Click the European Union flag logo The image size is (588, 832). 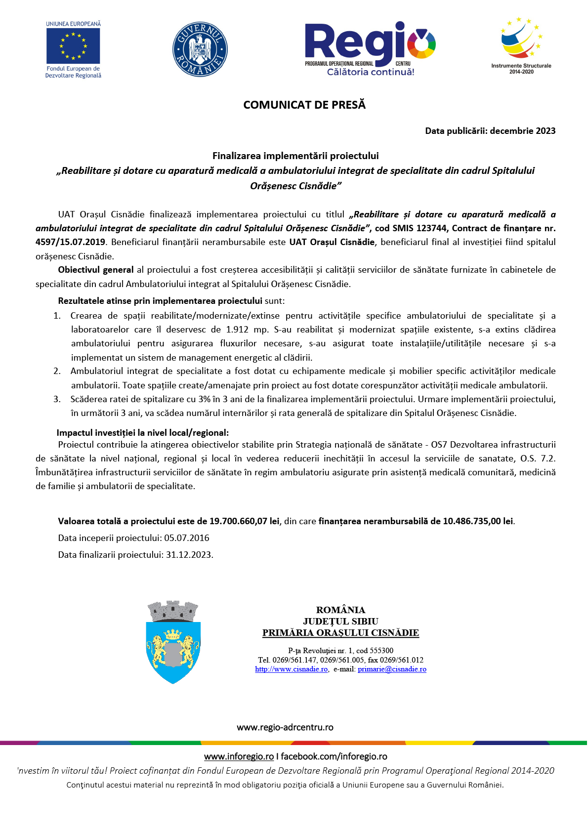coord(73,45)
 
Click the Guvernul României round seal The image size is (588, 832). coord(200,49)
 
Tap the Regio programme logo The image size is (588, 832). coord(370,49)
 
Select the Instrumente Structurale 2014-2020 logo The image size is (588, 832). coord(521,44)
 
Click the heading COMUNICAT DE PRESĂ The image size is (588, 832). coord(304,105)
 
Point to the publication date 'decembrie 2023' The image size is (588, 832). coord(523,131)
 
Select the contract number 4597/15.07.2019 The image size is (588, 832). coord(70,242)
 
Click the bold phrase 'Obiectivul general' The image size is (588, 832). coord(96,270)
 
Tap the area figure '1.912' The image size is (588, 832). coord(237,330)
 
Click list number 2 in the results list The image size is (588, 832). coord(57,371)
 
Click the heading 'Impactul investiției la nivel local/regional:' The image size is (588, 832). coord(143,433)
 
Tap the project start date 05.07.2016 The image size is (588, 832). coord(187,538)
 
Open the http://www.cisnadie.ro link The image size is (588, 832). coord(292,669)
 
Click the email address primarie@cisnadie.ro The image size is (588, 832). coord(392,669)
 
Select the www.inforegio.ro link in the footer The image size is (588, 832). coord(239,756)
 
